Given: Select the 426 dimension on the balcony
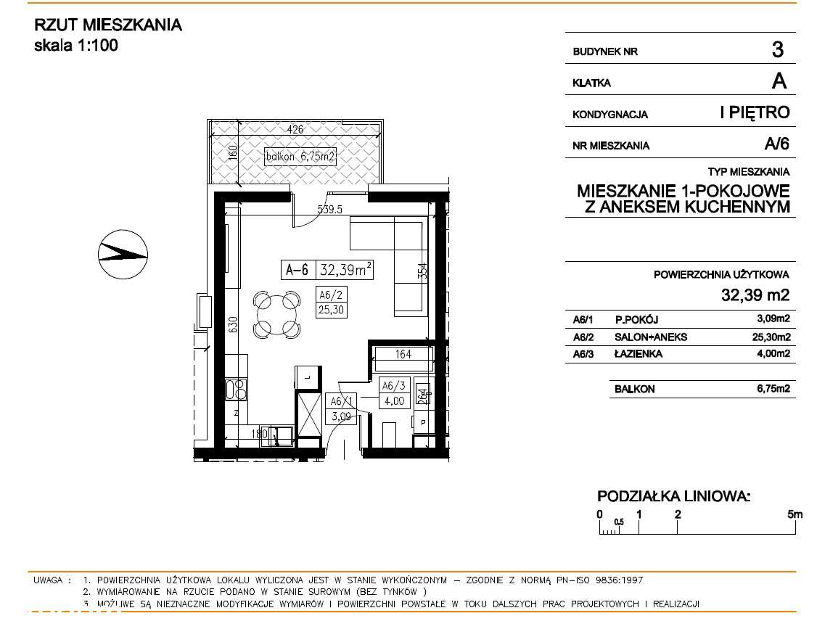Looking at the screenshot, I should click(295, 130).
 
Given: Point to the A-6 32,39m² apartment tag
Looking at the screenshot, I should click(328, 271).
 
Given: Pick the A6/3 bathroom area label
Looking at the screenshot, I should click(393, 392).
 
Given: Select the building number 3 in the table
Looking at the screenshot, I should click(777, 50).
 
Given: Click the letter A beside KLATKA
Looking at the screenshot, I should click(779, 81).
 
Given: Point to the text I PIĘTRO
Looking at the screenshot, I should click(754, 112).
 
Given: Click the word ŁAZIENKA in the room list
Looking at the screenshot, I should click(639, 354).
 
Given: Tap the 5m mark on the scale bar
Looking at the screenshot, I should click(795, 514).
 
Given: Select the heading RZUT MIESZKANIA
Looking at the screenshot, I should click(108, 25).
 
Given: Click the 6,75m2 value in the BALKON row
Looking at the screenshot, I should click(772, 389).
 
